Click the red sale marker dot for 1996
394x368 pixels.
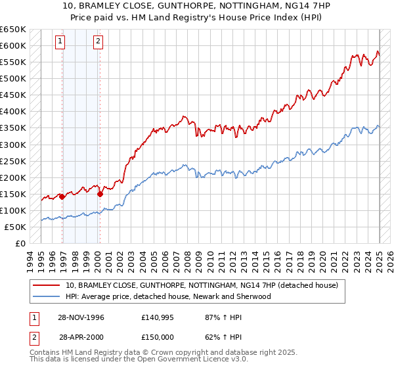pyautogui.click(x=62, y=196)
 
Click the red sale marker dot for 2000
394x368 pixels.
pyautogui.click(x=100, y=194)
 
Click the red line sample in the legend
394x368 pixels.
pyautogui.click(x=46, y=286)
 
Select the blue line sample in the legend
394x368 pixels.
pyautogui.click(x=46, y=296)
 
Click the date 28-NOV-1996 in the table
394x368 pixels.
pyautogui.click(x=81, y=317)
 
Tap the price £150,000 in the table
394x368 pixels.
pyautogui.click(x=158, y=337)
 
